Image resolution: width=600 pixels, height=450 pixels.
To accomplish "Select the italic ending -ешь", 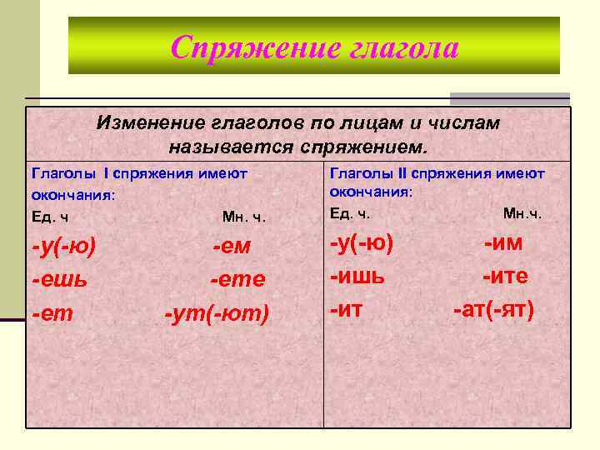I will click(59, 279).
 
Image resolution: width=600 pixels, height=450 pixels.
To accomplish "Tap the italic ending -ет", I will click(51, 313).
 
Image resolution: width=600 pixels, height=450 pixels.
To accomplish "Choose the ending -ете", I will click(237, 279).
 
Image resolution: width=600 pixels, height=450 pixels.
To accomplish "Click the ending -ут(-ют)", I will click(217, 313).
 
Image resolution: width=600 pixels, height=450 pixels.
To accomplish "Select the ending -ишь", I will click(357, 277).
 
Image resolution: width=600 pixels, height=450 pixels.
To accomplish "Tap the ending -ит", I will click(347, 310).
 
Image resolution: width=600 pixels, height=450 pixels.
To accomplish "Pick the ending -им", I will click(504, 243).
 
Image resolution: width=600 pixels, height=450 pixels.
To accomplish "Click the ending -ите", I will click(505, 277).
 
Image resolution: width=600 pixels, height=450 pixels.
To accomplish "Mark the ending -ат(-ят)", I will click(493, 310).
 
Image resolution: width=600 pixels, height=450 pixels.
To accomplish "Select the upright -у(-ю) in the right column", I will click(362, 243).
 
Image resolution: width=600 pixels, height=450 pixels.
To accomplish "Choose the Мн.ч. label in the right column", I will click(522, 213).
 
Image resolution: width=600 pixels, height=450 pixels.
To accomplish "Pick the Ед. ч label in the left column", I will click(50, 217).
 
